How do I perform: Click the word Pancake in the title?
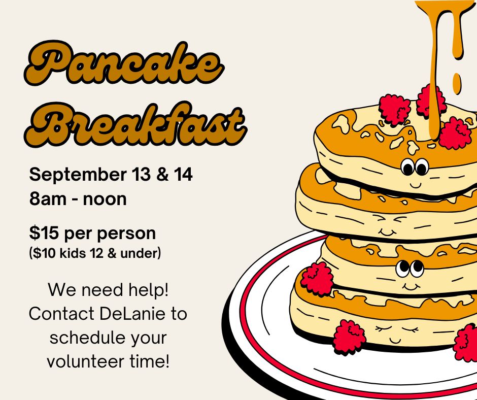click(124, 63)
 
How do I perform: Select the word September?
click(78, 175)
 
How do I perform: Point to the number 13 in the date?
click(142, 174)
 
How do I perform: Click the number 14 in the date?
click(183, 174)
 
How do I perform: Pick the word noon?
click(105, 199)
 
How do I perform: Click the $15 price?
click(44, 233)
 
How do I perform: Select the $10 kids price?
click(45, 253)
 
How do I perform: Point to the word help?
click(149, 289)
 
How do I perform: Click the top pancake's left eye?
click(407, 168)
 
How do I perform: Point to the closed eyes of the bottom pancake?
click(397, 329)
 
